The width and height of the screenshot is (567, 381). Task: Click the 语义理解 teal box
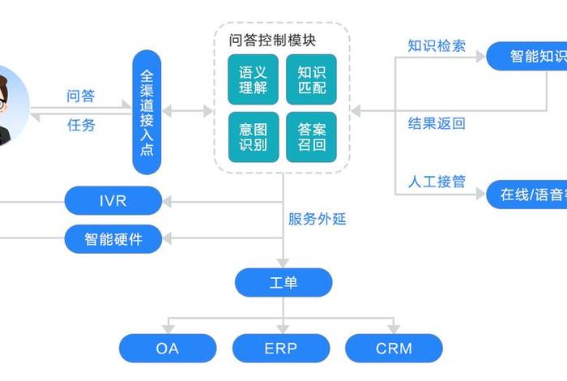pyautogui.click(x=253, y=79)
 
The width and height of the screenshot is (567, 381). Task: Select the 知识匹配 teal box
pyautogui.click(x=311, y=79)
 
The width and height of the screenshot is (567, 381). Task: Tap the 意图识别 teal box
pyautogui.click(x=253, y=137)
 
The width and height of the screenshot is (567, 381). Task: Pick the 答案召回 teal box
pyautogui.click(x=311, y=137)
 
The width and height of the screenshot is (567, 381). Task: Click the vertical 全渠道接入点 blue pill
pyautogui.click(x=147, y=112)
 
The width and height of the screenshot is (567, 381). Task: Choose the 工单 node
pyautogui.click(x=283, y=282)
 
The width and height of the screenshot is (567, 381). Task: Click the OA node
pyautogui.click(x=168, y=349)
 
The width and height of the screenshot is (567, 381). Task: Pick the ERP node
pyautogui.click(x=281, y=349)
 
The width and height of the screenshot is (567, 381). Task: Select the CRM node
pyautogui.click(x=394, y=349)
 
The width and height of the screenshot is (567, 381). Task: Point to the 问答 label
pyautogui.click(x=80, y=96)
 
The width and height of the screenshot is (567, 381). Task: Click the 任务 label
pyautogui.click(x=80, y=125)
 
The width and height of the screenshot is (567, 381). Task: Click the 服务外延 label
pyautogui.click(x=317, y=219)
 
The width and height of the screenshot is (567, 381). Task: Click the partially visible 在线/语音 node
pyautogui.click(x=526, y=195)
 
